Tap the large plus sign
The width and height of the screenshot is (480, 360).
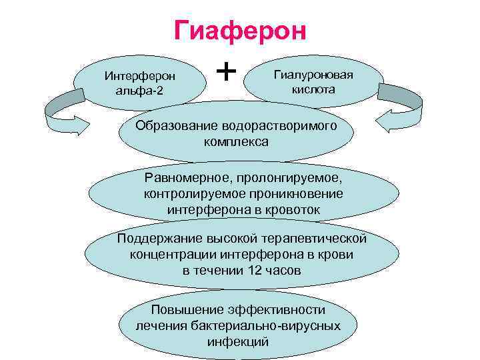pos(227,69)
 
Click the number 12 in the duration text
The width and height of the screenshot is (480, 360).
pos(255,271)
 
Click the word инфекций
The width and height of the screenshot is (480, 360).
pos(238,341)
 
